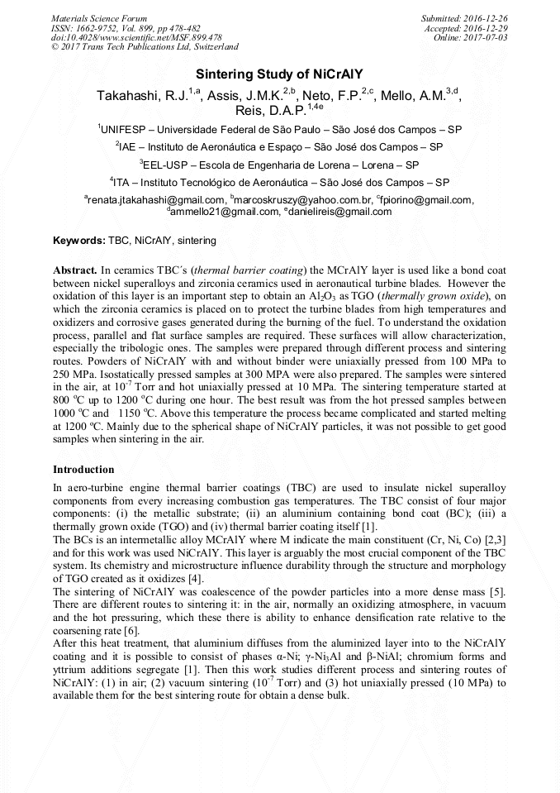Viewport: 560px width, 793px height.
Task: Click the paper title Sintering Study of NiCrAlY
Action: [x=279, y=74]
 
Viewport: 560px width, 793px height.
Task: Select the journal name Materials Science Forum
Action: [x=100, y=17]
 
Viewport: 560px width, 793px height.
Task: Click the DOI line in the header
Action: [x=136, y=37]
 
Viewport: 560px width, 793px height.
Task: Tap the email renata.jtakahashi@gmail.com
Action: [x=157, y=199]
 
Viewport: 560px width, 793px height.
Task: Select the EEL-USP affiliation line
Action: [x=279, y=165]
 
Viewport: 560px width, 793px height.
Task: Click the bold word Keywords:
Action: [x=79, y=241]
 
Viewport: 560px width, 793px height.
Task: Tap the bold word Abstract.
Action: [x=75, y=270]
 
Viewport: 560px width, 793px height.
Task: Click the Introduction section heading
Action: [x=83, y=470]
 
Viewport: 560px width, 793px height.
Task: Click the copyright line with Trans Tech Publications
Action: [x=145, y=47]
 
